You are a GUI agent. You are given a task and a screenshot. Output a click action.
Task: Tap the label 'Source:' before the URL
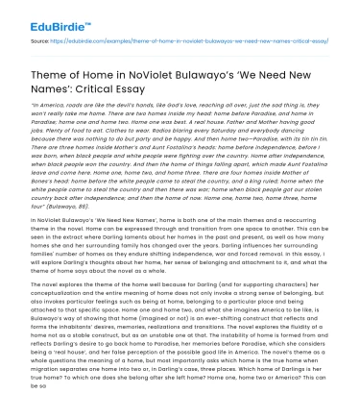coord(40,43)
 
